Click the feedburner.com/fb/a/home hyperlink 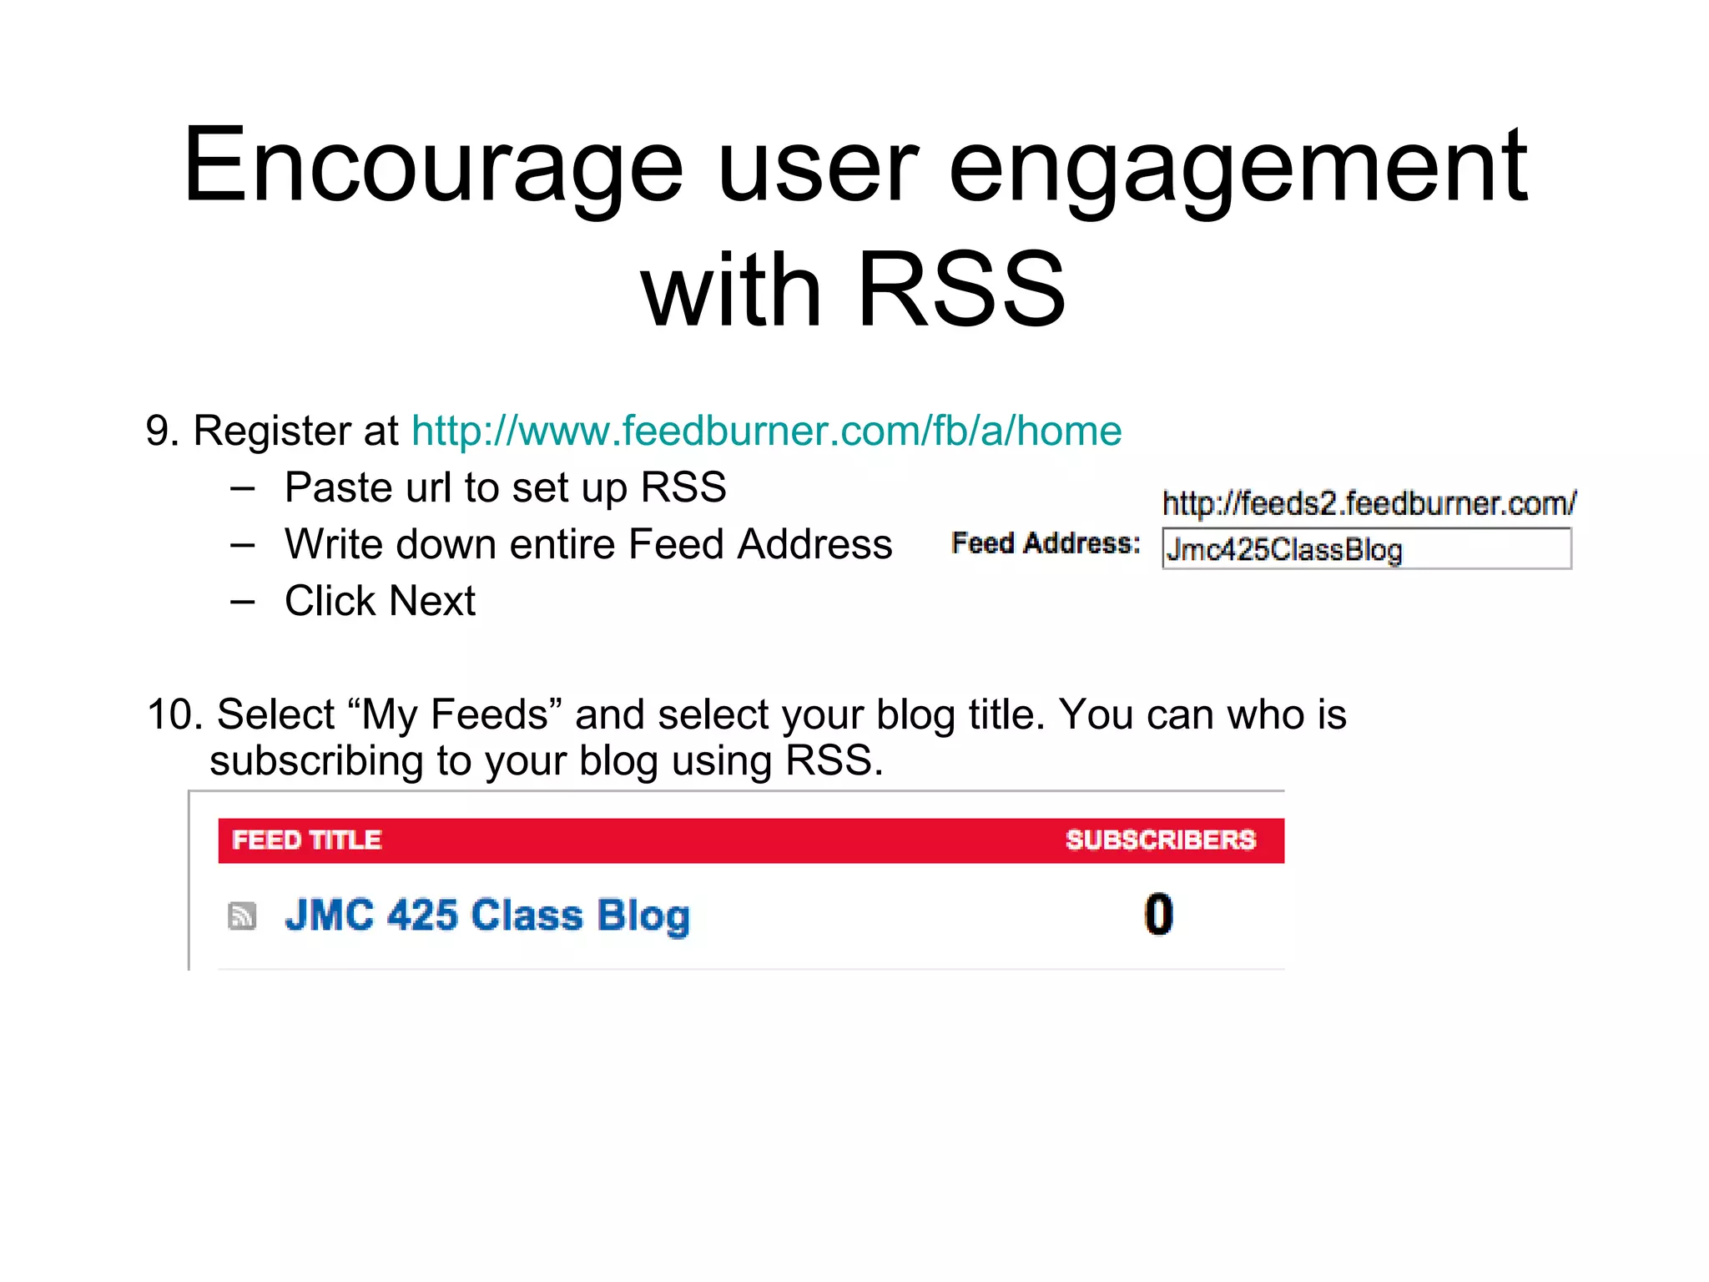pyautogui.click(x=766, y=432)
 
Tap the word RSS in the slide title pyautogui.click(x=961, y=290)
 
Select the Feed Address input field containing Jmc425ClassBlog pyautogui.click(x=1366, y=549)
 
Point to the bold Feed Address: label pyautogui.click(x=1046, y=543)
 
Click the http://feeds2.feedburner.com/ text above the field pyautogui.click(x=1369, y=503)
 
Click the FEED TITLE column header pyautogui.click(x=306, y=840)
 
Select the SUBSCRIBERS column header pyautogui.click(x=1160, y=840)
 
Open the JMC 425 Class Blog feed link pyautogui.click(x=487, y=916)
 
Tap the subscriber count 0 pyautogui.click(x=1158, y=914)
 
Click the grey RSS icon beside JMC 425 pyautogui.click(x=242, y=916)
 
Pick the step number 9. pyautogui.click(x=161, y=432)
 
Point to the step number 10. pyautogui.click(x=174, y=715)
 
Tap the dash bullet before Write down pyautogui.click(x=243, y=545)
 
